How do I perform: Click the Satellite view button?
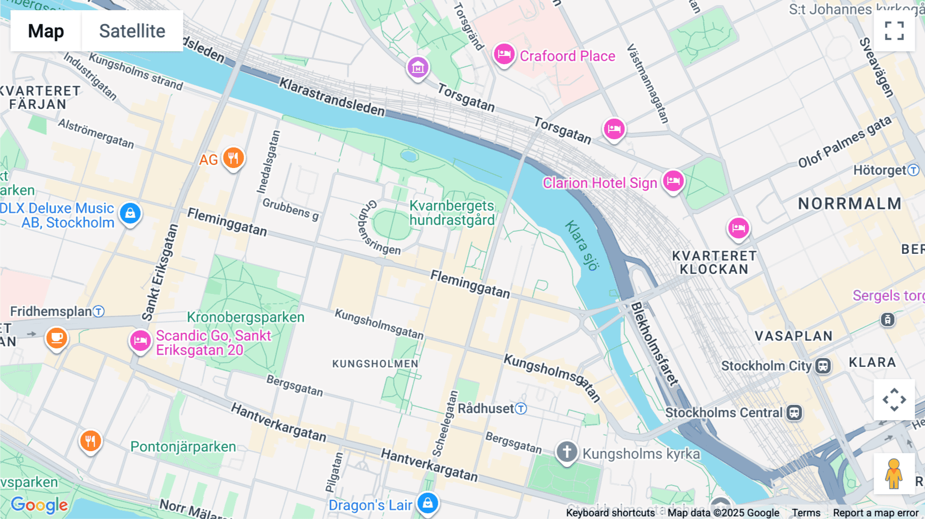tap(132, 31)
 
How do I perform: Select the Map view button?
tap(46, 31)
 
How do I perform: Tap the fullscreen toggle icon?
tap(894, 31)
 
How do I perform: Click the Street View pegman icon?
tap(894, 473)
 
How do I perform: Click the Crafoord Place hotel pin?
tap(504, 54)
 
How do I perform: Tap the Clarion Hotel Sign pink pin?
tap(673, 181)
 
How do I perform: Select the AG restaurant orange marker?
tap(233, 158)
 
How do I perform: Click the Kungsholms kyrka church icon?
tap(567, 452)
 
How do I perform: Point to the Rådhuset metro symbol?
tap(521, 409)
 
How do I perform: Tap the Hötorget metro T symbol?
tap(913, 170)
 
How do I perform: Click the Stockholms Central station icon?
tap(794, 413)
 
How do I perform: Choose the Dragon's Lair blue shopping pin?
tap(428, 504)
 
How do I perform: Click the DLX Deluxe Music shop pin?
tap(130, 213)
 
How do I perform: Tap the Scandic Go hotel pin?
tap(140, 341)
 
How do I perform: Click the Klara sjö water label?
tap(582, 246)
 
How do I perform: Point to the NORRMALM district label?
tap(849, 203)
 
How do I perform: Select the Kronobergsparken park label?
tap(246, 317)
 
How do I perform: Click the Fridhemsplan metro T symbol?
tap(99, 311)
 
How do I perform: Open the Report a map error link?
tap(875, 512)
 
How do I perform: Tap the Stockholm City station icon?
tap(823, 366)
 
